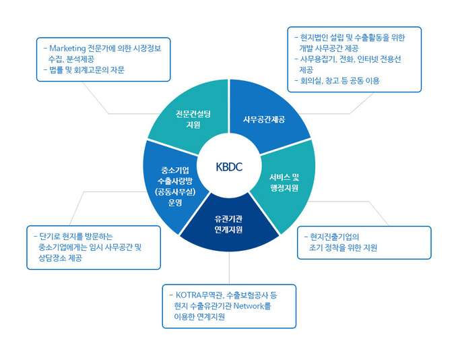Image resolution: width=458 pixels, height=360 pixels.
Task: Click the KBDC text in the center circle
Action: (229, 167)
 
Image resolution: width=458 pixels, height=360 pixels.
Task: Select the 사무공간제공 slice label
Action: (264, 119)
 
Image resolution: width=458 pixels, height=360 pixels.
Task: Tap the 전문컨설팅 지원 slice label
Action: (193, 119)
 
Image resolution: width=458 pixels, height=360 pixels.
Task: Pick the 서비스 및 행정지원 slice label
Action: (284, 182)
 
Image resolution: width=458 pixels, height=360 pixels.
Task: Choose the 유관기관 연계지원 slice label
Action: (228, 224)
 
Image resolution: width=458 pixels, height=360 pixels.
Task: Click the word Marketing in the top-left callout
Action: (67, 49)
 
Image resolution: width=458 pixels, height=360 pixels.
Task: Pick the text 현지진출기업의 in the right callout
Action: (335, 237)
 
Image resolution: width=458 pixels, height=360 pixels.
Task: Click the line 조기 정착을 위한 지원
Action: (343, 247)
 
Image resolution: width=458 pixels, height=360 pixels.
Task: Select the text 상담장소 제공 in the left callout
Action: (60, 258)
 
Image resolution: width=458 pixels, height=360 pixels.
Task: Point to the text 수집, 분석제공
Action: (71, 59)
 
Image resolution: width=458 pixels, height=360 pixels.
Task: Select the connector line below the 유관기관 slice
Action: (229, 268)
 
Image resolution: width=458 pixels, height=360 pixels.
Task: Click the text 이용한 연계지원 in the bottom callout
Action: (199, 317)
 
